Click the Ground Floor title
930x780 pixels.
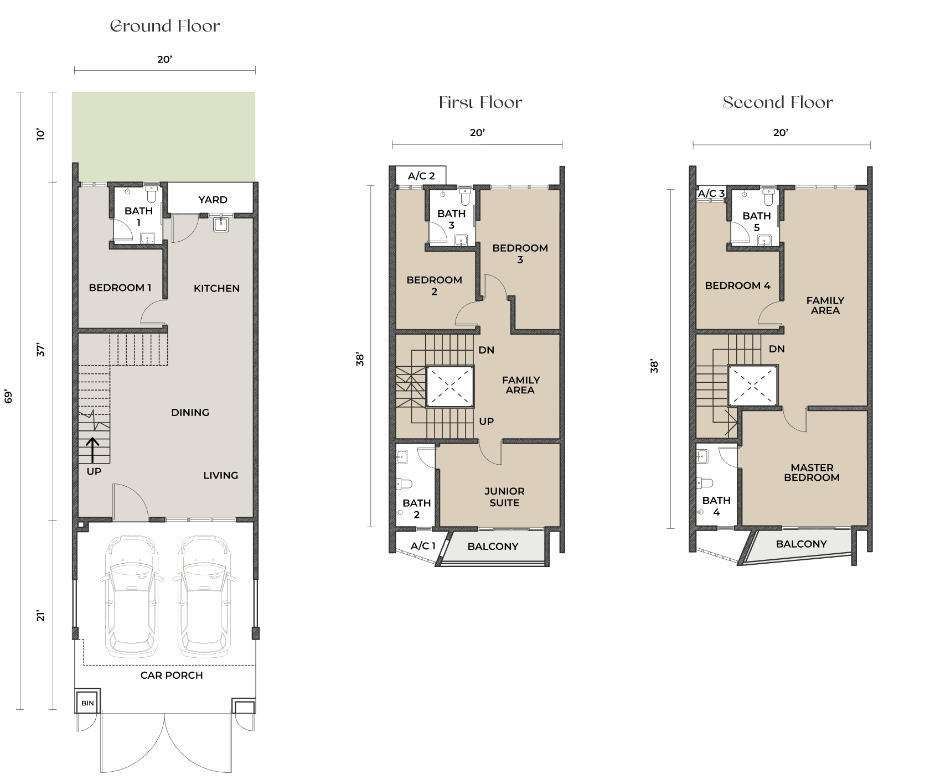[x=165, y=26]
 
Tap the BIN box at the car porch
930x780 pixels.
[x=87, y=703]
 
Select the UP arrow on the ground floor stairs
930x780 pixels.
[x=92, y=450]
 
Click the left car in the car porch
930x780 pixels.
[x=132, y=595]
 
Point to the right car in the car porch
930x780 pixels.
[x=204, y=595]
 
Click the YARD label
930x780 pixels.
[x=213, y=200]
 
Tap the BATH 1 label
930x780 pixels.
[x=138, y=216]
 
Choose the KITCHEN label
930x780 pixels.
[x=216, y=288]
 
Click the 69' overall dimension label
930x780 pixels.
[x=8, y=396]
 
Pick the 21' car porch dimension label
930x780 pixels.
[x=40, y=616]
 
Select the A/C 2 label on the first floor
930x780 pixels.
[x=421, y=176]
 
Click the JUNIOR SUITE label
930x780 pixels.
[x=504, y=497]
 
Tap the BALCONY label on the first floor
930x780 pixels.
[x=493, y=547]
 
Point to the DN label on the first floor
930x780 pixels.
[x=487, y=350]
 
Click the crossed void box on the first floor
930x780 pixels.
[x=450, y=387]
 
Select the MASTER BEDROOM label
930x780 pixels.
[x=812, y=472]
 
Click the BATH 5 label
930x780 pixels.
[x=756, y=221]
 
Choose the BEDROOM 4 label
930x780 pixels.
[x=737, y=285]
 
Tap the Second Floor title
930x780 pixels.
[x=777, y=102]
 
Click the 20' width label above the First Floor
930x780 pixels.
[x=477, y=133]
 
